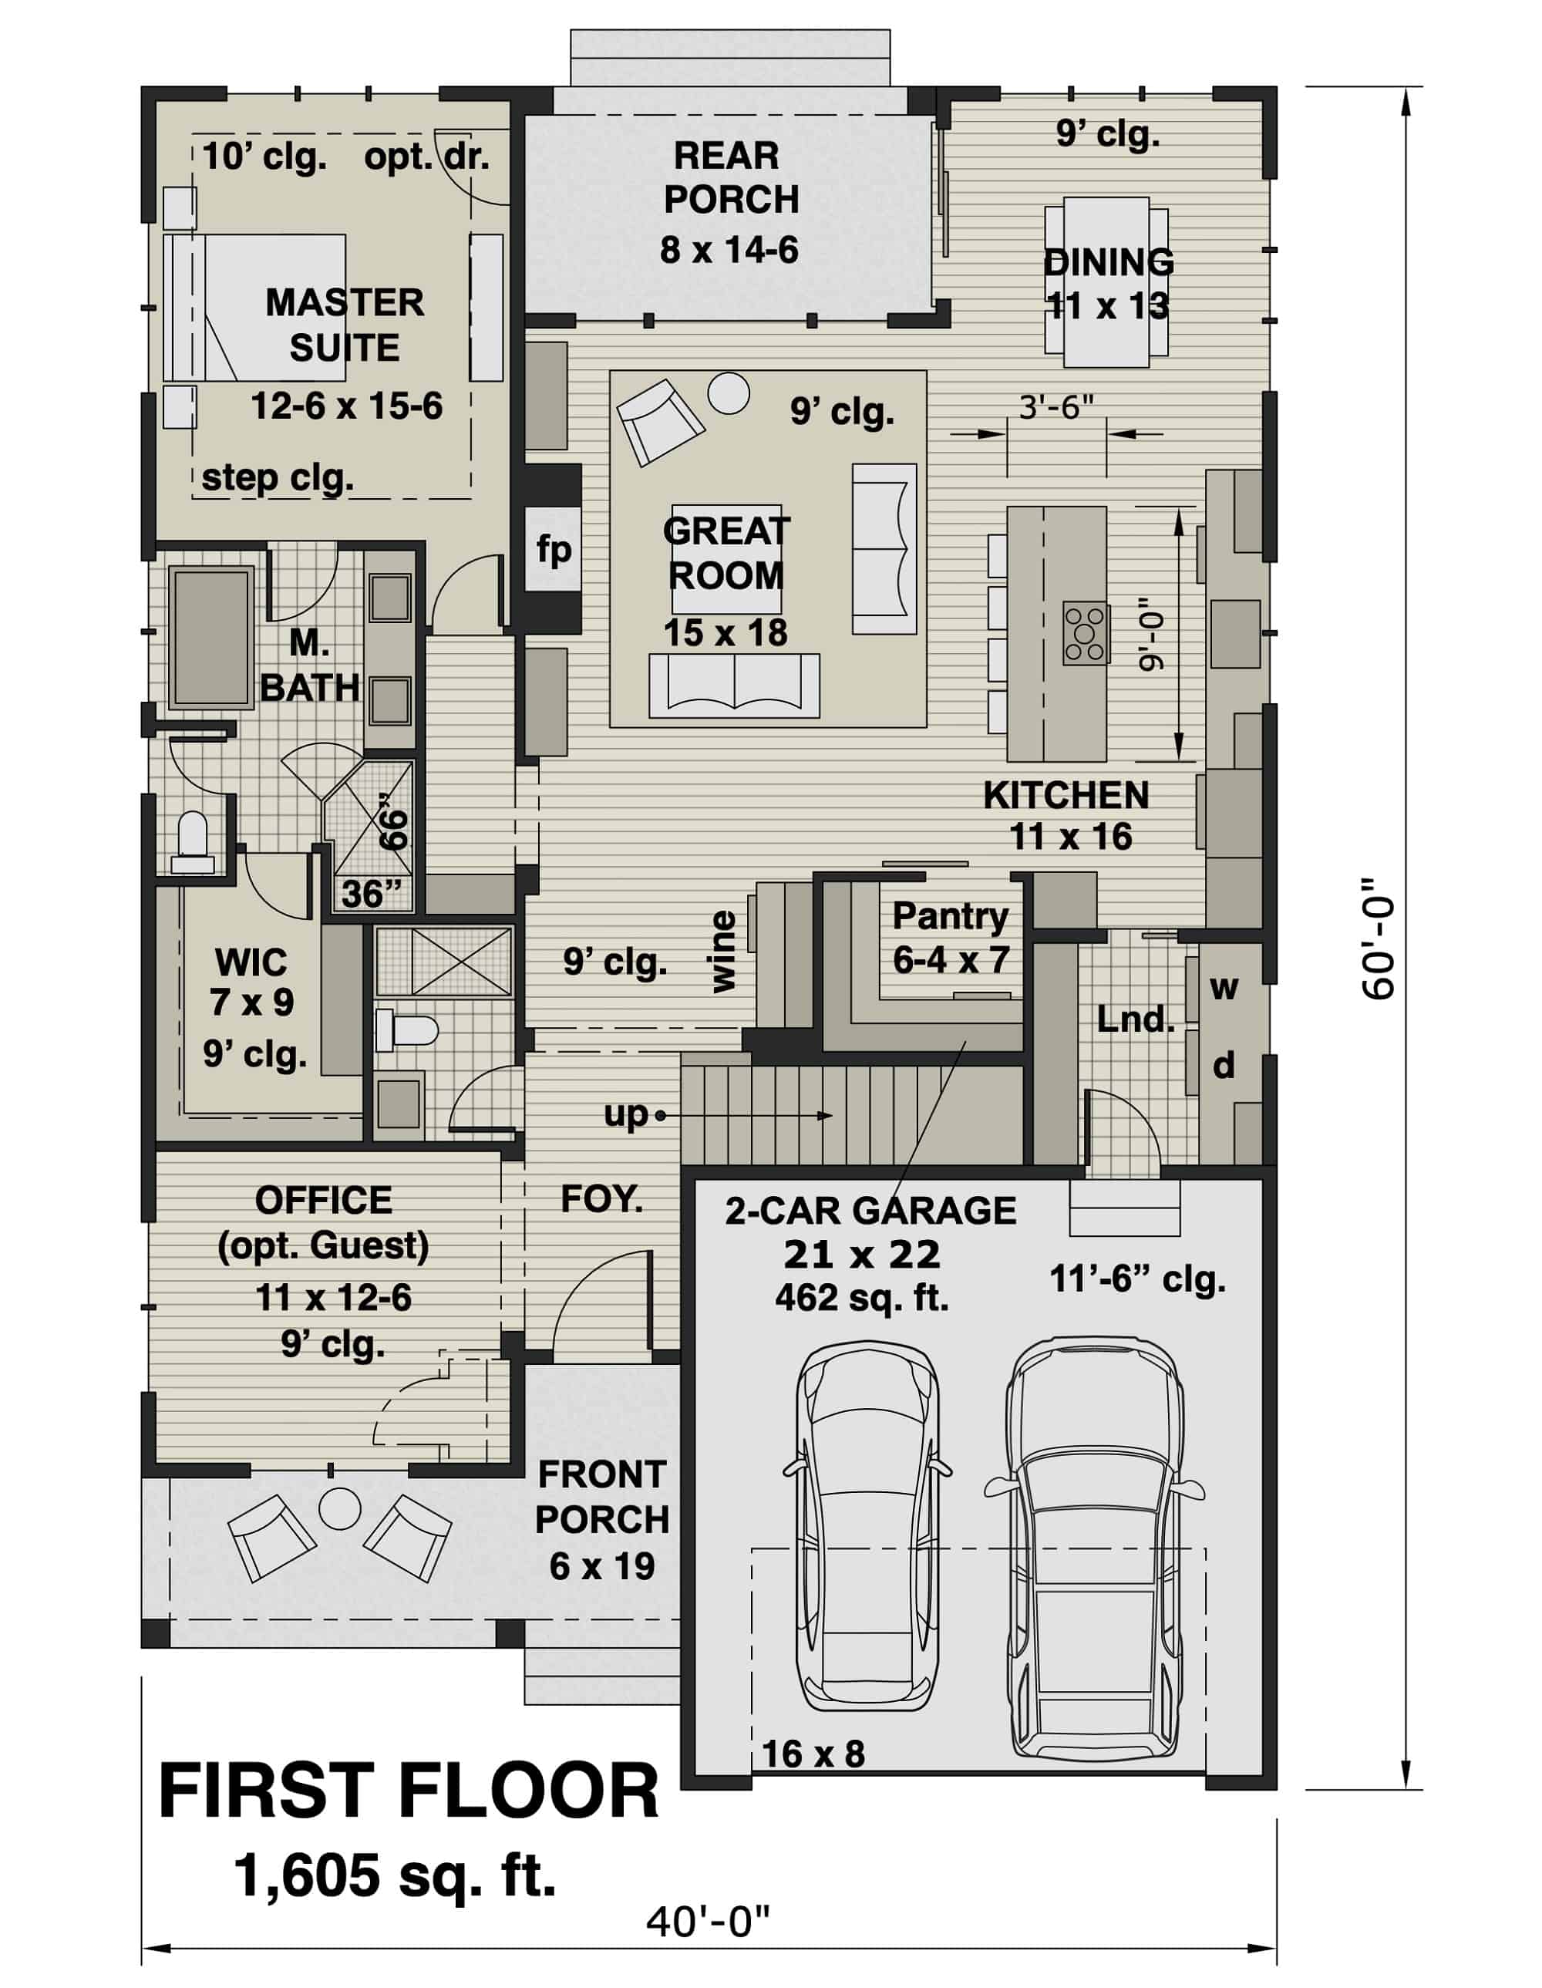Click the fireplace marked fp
[x=554, y=549]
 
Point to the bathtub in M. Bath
[x=211, y=638]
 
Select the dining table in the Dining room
[x=1106, y=282]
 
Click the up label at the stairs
[x=625, y=1114]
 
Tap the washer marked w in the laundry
[x=1224, y=987]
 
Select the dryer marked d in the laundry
[x=1224, y=1064]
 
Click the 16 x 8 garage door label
[x=813, y=1753]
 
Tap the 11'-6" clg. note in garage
[x=1137, y=1280]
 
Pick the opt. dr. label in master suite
[x=426, y=157]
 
